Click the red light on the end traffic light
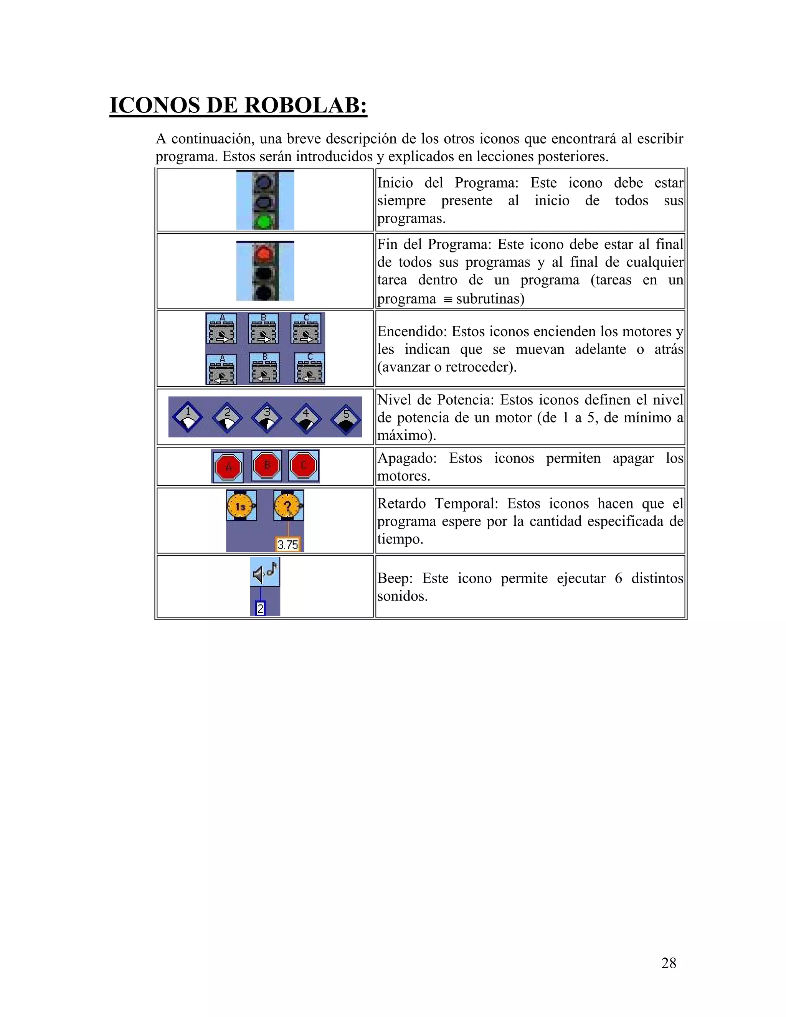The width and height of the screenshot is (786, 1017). pos(264,254)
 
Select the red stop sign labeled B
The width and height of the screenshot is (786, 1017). pos(267,465)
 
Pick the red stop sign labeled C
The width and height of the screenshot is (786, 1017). pos(304,465)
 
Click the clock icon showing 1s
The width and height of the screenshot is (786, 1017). pos(241,506)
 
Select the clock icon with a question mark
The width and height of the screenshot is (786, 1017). pos(288,506)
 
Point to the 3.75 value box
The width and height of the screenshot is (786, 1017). pos(288,544)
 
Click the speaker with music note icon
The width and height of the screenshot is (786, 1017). pos(265,572)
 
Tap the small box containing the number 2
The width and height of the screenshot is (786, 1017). pos(261,608)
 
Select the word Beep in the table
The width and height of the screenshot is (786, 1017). pos(395,578)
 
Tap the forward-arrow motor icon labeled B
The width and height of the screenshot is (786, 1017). pos(264,328)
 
